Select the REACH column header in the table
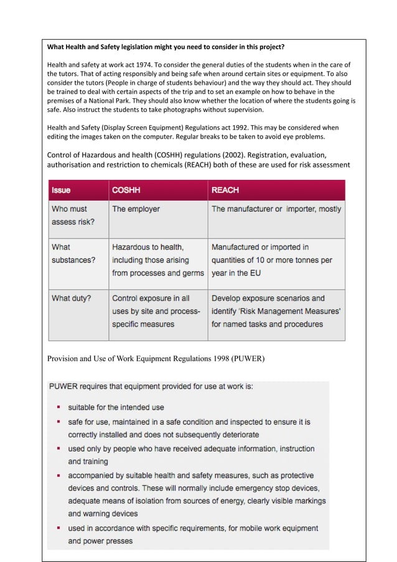click(x=225, y=190)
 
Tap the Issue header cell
click(x=61, y=190)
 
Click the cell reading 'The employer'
click(x=136, y=209)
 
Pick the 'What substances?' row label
click(x=73, y=253)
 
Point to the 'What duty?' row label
click(x=71, y=298)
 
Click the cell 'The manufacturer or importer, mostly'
click(x=276, y=209)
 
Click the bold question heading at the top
click(x=166, y=47)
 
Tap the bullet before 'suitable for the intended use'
click(x=58, y=408)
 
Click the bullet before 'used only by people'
click(x=58, y=448)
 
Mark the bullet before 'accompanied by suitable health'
click(x=58, y=475)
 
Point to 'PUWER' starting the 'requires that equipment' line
click(x=66, y=386)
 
